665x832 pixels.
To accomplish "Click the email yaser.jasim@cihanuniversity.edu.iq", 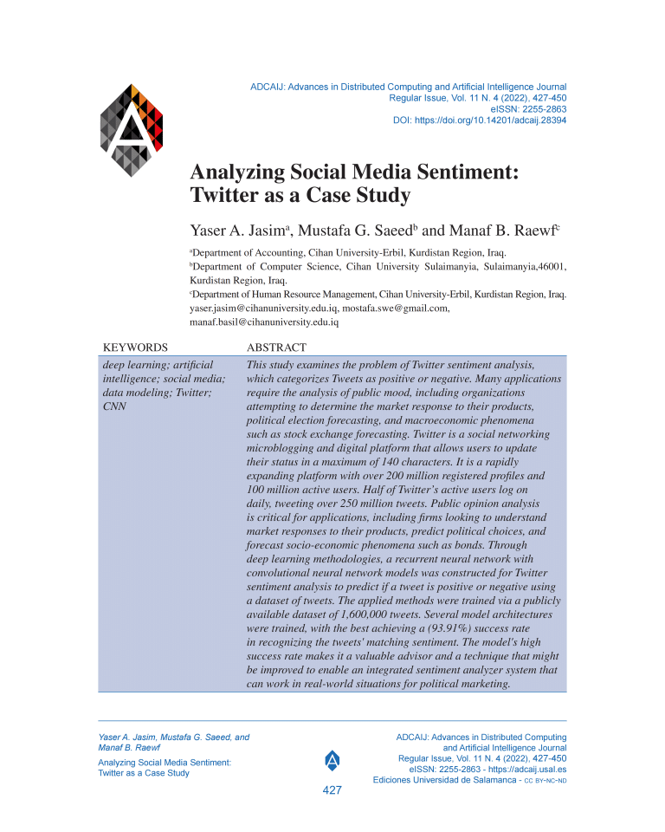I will tap(263, 308).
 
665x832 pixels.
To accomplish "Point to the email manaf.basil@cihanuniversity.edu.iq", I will tap(264, 322).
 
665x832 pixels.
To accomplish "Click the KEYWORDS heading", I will tap(135, 347).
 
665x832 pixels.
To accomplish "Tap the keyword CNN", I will tap(114, 406).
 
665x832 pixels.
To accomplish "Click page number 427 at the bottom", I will tap(332, 791).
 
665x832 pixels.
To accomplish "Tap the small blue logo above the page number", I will tap(332, 761).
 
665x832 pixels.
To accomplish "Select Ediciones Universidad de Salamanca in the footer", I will tap(444, 780).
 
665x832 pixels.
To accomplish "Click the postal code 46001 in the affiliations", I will tap(547, 267).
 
